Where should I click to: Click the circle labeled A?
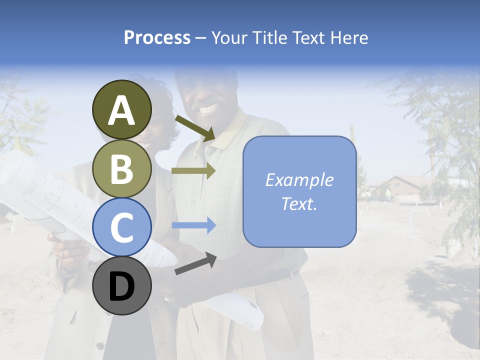pos(121,110)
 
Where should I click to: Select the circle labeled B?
pos(121,168)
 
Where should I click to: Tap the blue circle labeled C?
pos(121,227)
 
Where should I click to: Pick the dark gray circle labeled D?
pos(121,286)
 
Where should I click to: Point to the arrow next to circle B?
pos(193,170)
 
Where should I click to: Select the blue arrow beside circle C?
pos(193,225)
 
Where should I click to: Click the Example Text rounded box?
pos(299,192)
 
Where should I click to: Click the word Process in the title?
pos(157,37)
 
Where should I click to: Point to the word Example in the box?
pos(299,180)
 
